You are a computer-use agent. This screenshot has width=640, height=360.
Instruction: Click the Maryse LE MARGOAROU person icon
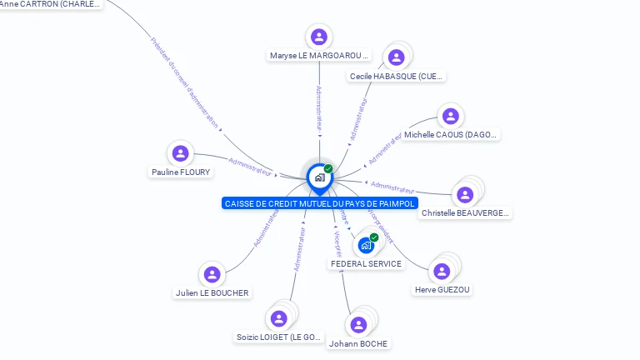318,37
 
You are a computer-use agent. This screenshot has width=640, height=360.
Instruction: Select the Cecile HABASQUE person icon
396,57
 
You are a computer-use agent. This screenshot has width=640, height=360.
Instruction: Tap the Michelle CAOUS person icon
450,116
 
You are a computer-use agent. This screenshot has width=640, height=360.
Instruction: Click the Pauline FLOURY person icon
180,153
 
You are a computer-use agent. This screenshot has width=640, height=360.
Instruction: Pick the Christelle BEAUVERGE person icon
465,194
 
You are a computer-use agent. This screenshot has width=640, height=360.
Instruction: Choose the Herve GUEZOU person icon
442,271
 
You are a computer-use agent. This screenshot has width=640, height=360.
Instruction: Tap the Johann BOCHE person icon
358,325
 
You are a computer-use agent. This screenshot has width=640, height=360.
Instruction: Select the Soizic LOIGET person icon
278,318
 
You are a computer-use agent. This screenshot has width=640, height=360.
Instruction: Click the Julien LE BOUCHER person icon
212,274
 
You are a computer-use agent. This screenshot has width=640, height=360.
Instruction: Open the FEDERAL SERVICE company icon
366,245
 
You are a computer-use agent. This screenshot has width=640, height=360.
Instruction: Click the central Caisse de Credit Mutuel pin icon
319,177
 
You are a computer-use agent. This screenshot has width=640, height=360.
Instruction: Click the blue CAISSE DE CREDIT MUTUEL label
319,203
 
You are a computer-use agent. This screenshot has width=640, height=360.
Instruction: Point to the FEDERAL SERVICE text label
366,264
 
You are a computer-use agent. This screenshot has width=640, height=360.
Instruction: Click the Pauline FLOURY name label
181,172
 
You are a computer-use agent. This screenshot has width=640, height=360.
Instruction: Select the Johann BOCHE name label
358,343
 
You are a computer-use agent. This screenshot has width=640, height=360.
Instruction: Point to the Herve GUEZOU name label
442,290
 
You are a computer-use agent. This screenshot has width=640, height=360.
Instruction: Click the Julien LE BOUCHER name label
212,293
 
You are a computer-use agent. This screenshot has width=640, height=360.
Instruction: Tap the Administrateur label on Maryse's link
319,108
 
